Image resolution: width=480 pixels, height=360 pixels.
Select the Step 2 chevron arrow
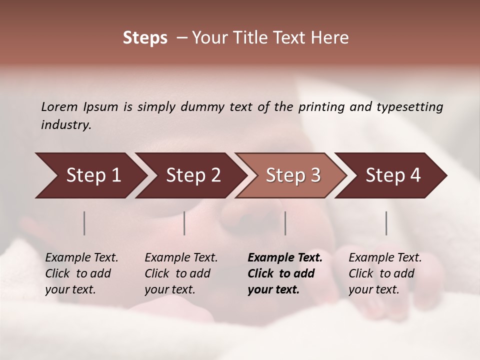click(x=193, y=175)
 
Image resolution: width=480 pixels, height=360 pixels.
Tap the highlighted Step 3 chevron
click(x=293, y=175)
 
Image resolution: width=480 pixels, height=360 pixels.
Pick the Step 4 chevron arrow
click(x=393, y=175)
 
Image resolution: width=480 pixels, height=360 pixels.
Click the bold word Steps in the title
click(x=145, y=38)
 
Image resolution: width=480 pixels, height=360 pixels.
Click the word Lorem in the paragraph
click(x=59, y=106)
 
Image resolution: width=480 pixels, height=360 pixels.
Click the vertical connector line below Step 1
click(x=84, y=223)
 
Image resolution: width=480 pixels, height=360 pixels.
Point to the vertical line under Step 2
click(x=184, y=223)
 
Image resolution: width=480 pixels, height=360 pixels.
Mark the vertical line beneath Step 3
click(x=285, y=223)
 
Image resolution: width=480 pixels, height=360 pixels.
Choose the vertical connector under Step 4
click(x=386, y=223)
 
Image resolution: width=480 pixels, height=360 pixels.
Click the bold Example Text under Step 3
click(x=285, y=257)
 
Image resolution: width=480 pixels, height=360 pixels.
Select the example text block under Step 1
click(x=81, y=273)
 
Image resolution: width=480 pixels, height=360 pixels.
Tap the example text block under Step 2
click(x=181, y=273)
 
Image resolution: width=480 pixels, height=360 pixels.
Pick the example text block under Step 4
click(x=385, y=273)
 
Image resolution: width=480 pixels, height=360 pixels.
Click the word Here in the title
click(x=329, y=38)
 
